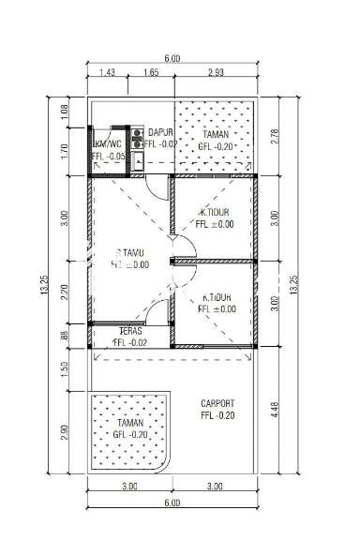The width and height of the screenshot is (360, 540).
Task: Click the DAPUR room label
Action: click(x=159, y=133)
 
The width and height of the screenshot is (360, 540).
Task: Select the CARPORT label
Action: click(x=217, y=404)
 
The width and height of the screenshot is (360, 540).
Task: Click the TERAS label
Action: click(x=129, y=331)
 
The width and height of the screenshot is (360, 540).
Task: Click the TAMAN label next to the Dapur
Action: click(x=216, y=134)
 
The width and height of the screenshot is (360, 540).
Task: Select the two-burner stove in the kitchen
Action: click(x=138, y=139)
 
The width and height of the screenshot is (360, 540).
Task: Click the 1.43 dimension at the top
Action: click(x=104, y=72)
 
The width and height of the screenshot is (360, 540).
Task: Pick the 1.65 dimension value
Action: click(x=150, y=72)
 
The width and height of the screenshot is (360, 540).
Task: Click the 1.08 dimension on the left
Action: click(x=65, y=110)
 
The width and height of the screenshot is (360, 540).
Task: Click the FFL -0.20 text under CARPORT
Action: click(x=217, y=416)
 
